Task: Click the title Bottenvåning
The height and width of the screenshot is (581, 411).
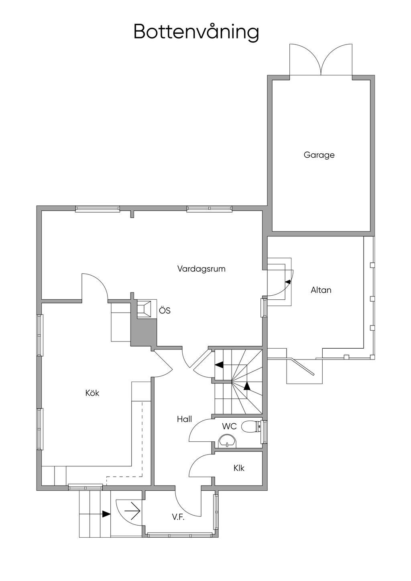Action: pos(196,32)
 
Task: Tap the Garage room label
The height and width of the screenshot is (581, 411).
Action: pos(319,155)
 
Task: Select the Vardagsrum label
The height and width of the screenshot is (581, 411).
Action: pos(201,269)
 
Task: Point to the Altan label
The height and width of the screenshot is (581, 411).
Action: pos(321,290)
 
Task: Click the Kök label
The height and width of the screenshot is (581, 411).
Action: pos(92,393)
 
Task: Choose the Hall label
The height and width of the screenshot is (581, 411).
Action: pos(184,419)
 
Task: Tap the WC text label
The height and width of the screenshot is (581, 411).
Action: pos(229,427)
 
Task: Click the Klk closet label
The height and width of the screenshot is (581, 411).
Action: pos(239,468)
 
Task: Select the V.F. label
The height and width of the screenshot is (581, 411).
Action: pos(178,517)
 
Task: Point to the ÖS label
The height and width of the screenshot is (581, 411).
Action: pos(165,311)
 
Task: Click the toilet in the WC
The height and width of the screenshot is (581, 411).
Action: pos(251,427)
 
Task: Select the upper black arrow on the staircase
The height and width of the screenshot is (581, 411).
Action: pos(219,365)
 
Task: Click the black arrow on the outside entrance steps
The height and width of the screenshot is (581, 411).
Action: pos(106,514)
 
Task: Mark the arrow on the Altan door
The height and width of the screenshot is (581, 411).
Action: pos(288,282)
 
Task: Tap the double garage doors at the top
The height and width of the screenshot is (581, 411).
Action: pos(321,60)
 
